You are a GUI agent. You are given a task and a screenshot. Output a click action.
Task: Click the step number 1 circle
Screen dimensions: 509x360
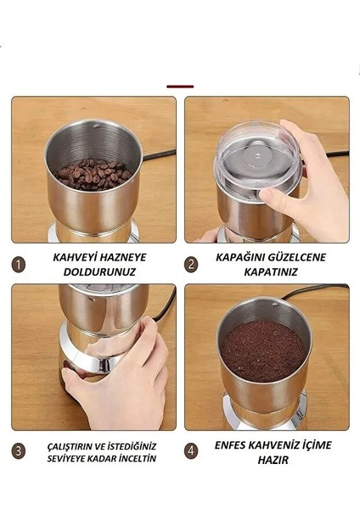[x=19, y=264]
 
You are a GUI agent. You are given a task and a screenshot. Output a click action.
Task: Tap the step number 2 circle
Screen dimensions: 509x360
[x=192, y=264]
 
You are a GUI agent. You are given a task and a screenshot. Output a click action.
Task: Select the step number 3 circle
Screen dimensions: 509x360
[x=19, y=452]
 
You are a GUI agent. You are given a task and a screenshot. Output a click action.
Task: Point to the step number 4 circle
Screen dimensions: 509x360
[x=192, y=452]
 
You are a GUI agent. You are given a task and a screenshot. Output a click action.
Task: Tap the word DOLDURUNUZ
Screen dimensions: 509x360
[x=100, y=271]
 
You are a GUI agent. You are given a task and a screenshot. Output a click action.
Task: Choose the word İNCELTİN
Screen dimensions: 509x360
[x=134, y=459]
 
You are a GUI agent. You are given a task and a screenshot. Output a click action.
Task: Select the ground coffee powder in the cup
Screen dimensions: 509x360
[x=262, y=348]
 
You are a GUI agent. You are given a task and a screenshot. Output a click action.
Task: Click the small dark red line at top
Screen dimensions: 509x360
[x=180, y=86]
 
